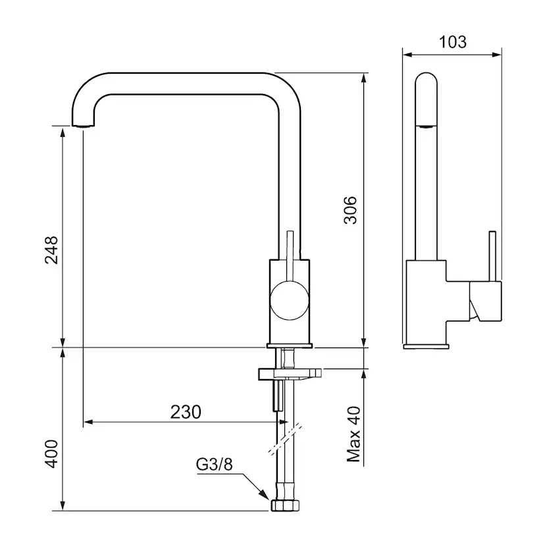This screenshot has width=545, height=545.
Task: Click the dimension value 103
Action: [452, 42]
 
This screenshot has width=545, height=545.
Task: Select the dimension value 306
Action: [350, 210]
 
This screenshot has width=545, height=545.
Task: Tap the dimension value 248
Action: [51, 250]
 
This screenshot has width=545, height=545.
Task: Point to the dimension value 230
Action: [186, 412]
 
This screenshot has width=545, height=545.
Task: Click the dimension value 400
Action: [51, 454]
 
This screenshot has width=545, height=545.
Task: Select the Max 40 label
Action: [354, 434]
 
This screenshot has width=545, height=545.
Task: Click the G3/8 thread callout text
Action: [214, 464]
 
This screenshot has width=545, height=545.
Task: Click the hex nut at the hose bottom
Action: [285, 506]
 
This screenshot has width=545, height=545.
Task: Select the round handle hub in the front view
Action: [289, 301]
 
